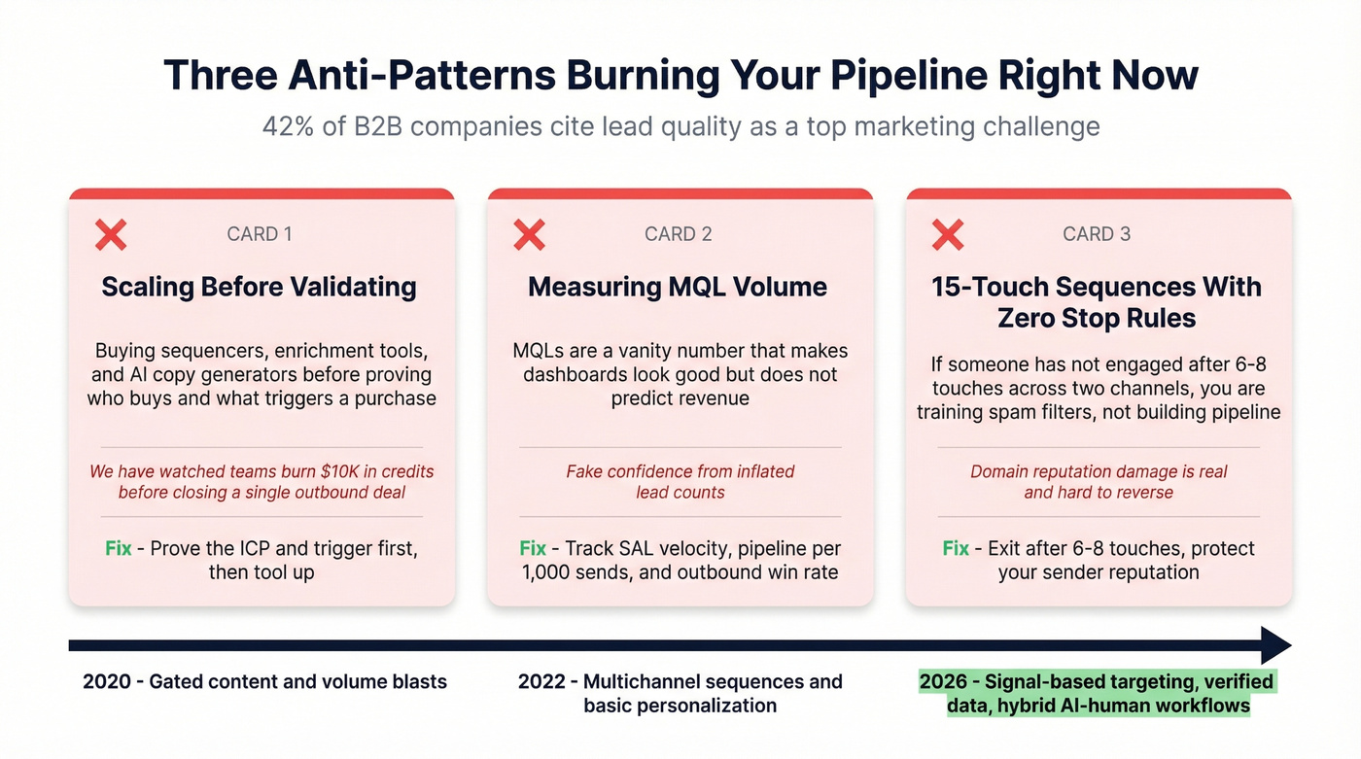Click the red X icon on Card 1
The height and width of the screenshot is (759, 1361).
pos(111,234)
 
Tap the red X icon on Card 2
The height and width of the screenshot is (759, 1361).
pos(529,234)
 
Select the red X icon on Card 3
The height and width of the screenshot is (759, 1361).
pos(948,234)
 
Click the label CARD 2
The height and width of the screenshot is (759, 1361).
pos(678,234)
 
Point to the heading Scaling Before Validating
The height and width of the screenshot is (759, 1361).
pos(259,287)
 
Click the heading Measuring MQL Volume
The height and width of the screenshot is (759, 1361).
pos(678,287)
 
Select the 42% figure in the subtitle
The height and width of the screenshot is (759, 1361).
pos(285,126)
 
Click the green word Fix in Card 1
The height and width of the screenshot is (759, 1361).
pos(118,548)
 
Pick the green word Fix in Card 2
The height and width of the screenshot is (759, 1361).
pos(532,548)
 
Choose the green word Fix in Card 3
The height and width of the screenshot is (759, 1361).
pos(956,548)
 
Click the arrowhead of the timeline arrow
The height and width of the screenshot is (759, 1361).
pos(1274,645)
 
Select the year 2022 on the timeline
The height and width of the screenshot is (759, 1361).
pos(541,681)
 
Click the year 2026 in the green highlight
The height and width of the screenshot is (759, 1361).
pos(944,681)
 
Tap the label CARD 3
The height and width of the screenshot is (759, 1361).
pos(1097,234)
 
